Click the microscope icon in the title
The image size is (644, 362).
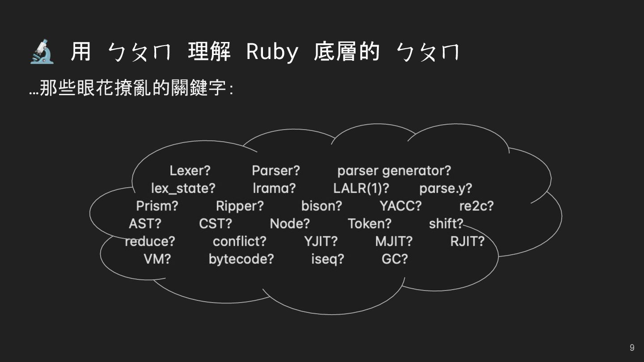click(42, 52)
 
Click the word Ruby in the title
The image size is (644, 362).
click(272, 52)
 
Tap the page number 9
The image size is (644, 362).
click(631, 348)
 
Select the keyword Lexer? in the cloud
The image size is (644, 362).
click(190, 171)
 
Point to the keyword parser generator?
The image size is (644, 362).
click(394, 171)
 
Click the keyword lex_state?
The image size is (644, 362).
click(183, 188)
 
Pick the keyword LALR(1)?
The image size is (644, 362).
click(361, 188)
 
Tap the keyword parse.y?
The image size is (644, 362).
click(445, 188)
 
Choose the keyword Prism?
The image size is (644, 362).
click(157, 206)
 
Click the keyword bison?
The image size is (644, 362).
click(322, 206)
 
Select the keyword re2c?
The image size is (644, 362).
click(476, 206)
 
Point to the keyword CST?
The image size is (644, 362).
click(216, 223)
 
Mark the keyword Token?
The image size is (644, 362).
click(369, 223)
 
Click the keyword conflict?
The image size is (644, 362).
click(239, 241)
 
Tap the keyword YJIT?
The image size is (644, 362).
click(321, 241)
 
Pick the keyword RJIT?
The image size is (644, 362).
click(467, 241)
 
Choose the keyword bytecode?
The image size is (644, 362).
click(241, 259)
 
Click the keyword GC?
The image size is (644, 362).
click(394, 259)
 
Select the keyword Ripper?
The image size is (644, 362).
click(240, 206)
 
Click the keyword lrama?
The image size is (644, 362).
click(274, 188)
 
